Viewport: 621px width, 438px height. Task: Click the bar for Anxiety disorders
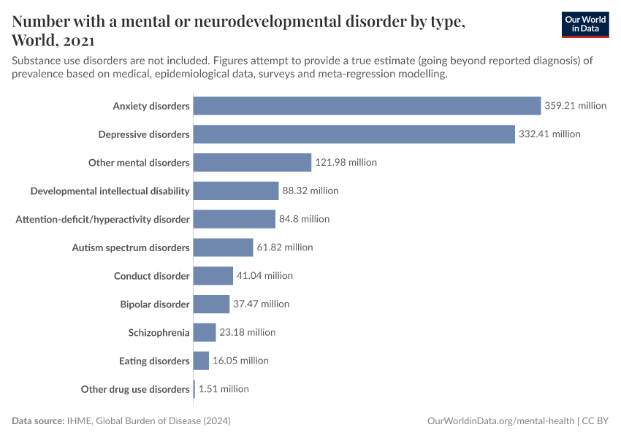click(x=367, y=106)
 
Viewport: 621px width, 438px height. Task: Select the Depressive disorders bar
click(x=354, y=134)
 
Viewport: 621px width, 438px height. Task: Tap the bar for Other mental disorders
click(x=252, y=162)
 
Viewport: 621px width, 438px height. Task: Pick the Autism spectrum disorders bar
click(x=223, y=247)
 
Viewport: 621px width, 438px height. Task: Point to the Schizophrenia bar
click(x=205, y=332)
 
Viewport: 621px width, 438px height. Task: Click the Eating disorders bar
click(x=201, y=361)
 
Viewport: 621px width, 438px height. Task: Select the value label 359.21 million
click(x=575, y=106)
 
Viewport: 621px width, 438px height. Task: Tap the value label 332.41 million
click(x=549, y=134)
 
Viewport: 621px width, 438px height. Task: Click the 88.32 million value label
click(x=310, y=191)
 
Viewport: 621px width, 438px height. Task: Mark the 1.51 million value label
click(x=224, y=389)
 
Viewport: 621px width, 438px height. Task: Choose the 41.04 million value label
click(x=264, y=276)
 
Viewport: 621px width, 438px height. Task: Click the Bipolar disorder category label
click(x=155, y=304)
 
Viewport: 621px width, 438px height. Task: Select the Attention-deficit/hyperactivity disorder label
click(x=103, y=219)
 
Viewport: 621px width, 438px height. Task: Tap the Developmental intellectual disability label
click(x=110, y=191)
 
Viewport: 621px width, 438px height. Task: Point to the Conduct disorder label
click(x=152, y=276)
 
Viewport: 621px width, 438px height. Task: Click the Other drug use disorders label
click(x=135, y=389)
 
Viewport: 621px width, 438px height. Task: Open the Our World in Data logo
click(x=585, y=24)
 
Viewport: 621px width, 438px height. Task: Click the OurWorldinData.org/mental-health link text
click(x=500, y=421)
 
